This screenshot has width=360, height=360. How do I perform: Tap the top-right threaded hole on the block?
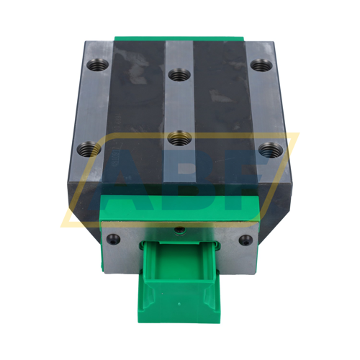click(x=259, y=66)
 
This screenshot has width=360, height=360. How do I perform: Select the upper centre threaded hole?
click(x=178, y=73)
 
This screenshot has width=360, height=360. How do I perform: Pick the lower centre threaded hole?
click(x=177, y=136)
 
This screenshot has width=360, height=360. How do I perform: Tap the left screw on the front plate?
click(x=113, y=238)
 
